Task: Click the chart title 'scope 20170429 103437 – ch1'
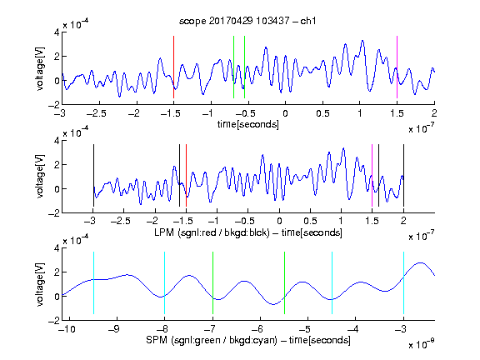[247, 21]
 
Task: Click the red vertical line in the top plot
[173, 67]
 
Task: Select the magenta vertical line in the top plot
[397, 67]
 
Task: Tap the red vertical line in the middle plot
[186, 175]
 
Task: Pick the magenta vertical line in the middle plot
[372, 175]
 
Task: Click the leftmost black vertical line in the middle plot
[93, 175]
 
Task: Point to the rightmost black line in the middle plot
[403, 175]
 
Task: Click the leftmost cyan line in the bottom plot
[93, 282]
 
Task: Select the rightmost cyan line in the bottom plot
[403, 282]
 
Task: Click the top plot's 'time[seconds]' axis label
[248, 124]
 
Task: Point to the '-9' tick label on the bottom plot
[114, 329]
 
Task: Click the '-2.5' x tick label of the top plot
[96, 113]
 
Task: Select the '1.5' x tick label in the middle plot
[372, 221]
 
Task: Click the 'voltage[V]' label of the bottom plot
[40, 284]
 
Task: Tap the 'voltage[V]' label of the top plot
[40, 69]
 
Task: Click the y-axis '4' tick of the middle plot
[57, 141]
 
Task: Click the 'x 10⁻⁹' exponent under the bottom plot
[421, 344]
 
